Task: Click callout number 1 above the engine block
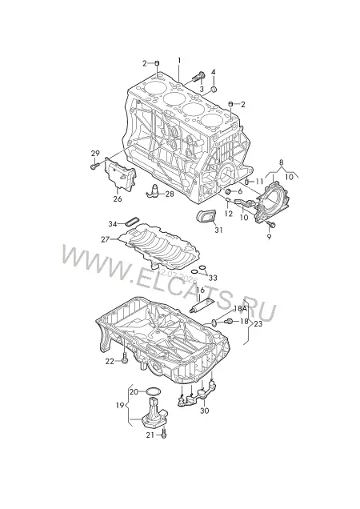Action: tap(179, 61)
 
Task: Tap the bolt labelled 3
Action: tap(198, 77)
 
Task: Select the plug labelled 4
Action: tap(214, 90)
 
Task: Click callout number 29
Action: tap(95, 153)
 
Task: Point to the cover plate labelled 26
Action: tap(119, 174)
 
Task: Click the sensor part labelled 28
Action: tap(154, 190)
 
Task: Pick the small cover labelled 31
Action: tap(206, 217)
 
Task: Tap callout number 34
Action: tap(113, 224)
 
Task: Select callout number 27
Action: tap(105, 239)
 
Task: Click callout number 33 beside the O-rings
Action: tap(213, 278)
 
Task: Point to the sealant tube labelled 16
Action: tap(202, 305)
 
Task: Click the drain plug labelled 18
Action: tap(228, 322)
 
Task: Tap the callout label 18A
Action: tap(240, 308)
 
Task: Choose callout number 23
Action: tap(258, 323)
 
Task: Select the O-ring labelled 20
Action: tap(152, 392)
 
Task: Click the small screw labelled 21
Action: tap(164, 434)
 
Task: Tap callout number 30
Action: tap(205, 411)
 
